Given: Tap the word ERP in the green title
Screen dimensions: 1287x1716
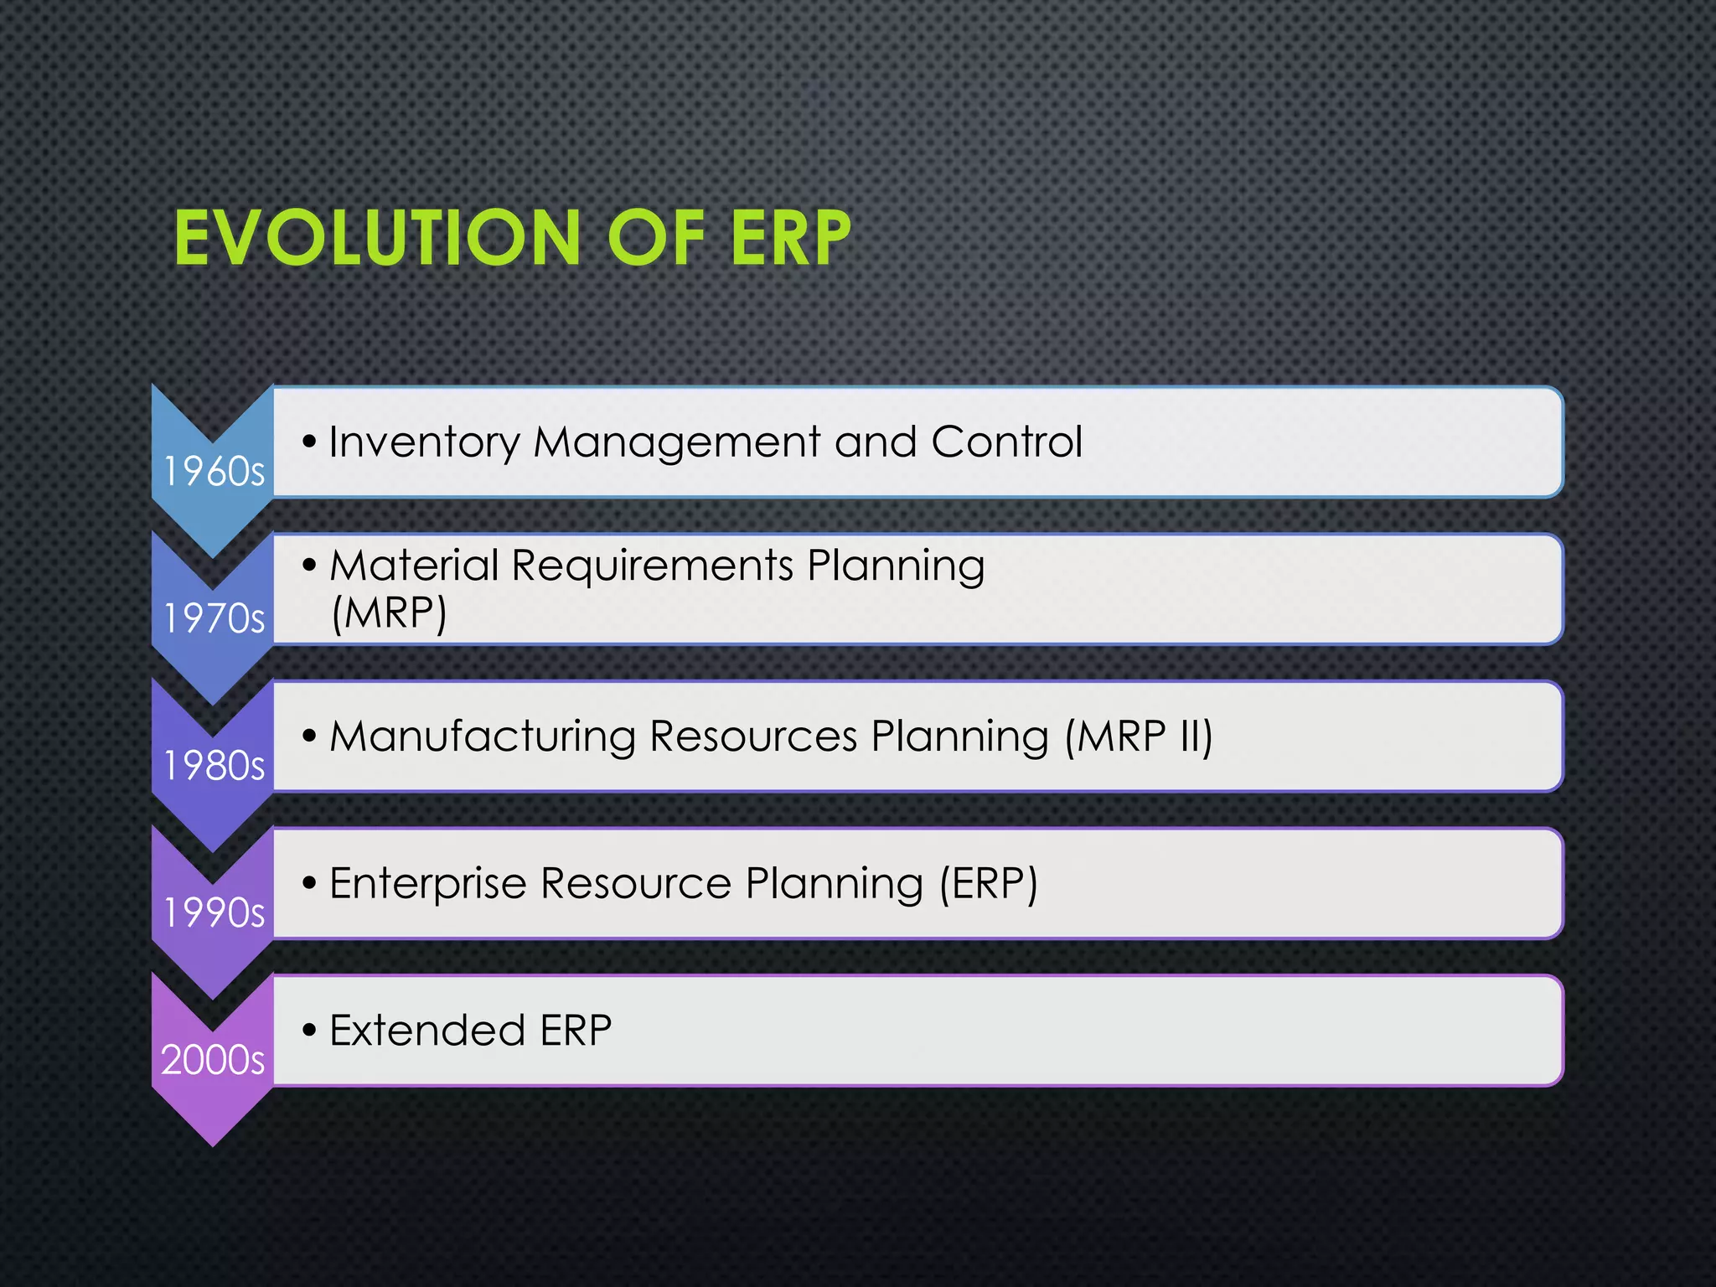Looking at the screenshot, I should [x=790, y=239].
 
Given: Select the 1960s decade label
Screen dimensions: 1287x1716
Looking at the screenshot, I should [x=214, y=472].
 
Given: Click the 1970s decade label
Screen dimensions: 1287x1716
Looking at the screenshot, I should [x=214, y=619].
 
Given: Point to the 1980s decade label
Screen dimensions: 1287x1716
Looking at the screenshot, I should [x=214, y=766].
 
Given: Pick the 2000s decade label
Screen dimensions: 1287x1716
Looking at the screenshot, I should [x=213, y=1060].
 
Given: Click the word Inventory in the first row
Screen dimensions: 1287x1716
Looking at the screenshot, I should [x=425, y=442].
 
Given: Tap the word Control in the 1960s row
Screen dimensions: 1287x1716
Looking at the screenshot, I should [x=1006, y=442].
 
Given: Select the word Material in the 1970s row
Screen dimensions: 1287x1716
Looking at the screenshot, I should [x=414, y=565].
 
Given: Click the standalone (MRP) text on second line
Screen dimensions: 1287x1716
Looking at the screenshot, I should [x=389, y=613].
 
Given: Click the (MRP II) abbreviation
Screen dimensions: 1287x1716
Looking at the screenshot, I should [x=1139, y=737].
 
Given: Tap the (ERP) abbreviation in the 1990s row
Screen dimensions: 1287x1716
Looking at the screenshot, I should [x=988, y=883].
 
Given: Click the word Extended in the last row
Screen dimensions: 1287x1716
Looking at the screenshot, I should [x=427, y=1031].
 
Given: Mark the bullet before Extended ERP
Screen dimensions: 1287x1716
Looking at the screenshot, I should [x=310, y=1030].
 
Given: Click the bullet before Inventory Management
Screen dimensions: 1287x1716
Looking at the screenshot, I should [x=310, y=442].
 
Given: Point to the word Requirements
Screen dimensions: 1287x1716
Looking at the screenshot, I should [x=652, y=566].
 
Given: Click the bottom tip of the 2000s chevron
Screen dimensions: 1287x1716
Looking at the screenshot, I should [x=213, y=1144].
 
